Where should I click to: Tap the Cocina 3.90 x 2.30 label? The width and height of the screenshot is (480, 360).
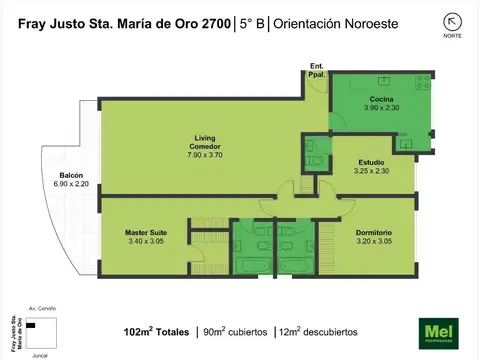point(380,103)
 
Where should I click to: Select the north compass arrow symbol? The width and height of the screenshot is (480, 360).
point(452,21)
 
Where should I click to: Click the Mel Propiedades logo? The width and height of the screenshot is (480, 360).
point(436,331)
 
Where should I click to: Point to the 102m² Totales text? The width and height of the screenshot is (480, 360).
point(157,331)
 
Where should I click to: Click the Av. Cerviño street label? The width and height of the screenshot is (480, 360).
point(41,311)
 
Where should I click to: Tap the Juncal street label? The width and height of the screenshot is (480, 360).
point(40,354)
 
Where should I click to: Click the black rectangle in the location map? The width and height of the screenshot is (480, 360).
point(31,325)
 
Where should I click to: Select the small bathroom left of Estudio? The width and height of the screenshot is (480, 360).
point(316,150)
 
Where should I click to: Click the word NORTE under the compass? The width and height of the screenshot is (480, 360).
point(452,36)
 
